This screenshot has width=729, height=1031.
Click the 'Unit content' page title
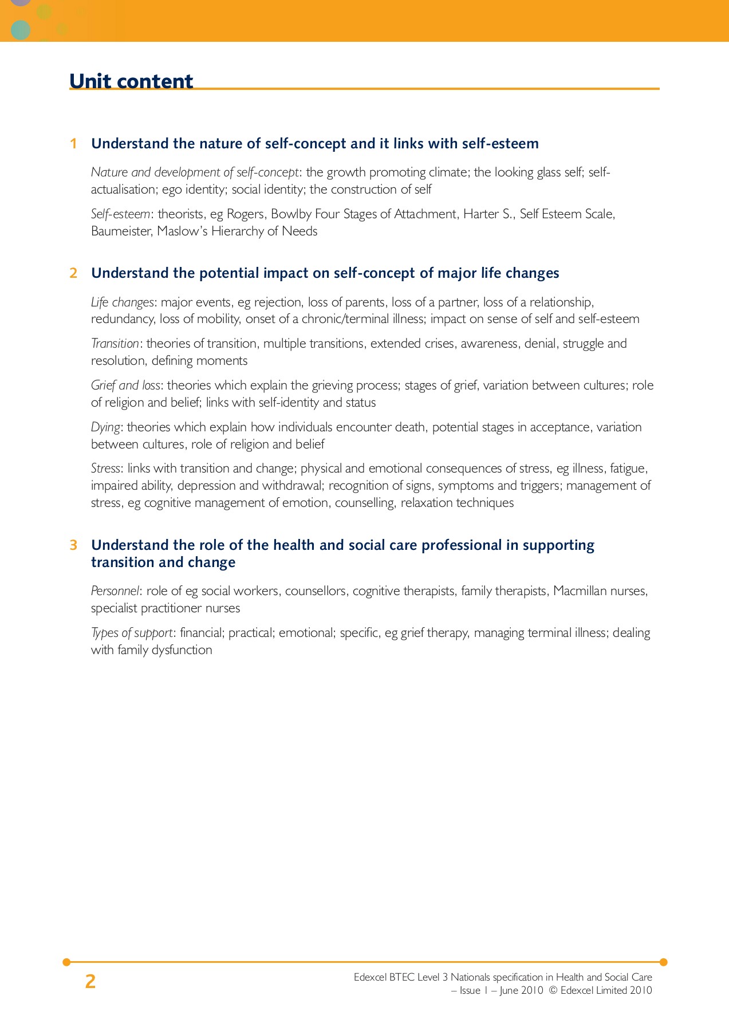coord(131,81)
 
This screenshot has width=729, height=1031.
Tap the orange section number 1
coord(73,144)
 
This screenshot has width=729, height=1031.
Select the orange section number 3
coord(73,545)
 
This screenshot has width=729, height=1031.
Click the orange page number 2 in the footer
coord(90,982)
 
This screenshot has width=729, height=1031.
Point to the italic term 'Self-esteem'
coord(120,214)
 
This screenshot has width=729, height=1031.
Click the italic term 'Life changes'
coord(123,302)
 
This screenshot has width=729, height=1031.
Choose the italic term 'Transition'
coord(115,344)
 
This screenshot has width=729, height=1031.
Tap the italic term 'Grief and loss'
coord(125,385)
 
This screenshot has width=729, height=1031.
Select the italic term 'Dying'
coord(105,427)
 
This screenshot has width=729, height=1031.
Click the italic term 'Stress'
coord(106,469)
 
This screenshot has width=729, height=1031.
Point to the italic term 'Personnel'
coord(115,591)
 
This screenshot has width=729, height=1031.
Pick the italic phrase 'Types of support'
coord(132,633)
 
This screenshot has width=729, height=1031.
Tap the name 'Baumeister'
coord(121,231)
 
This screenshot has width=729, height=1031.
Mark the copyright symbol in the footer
coord(553,990)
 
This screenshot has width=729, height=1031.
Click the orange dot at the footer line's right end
coord(663,962)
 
